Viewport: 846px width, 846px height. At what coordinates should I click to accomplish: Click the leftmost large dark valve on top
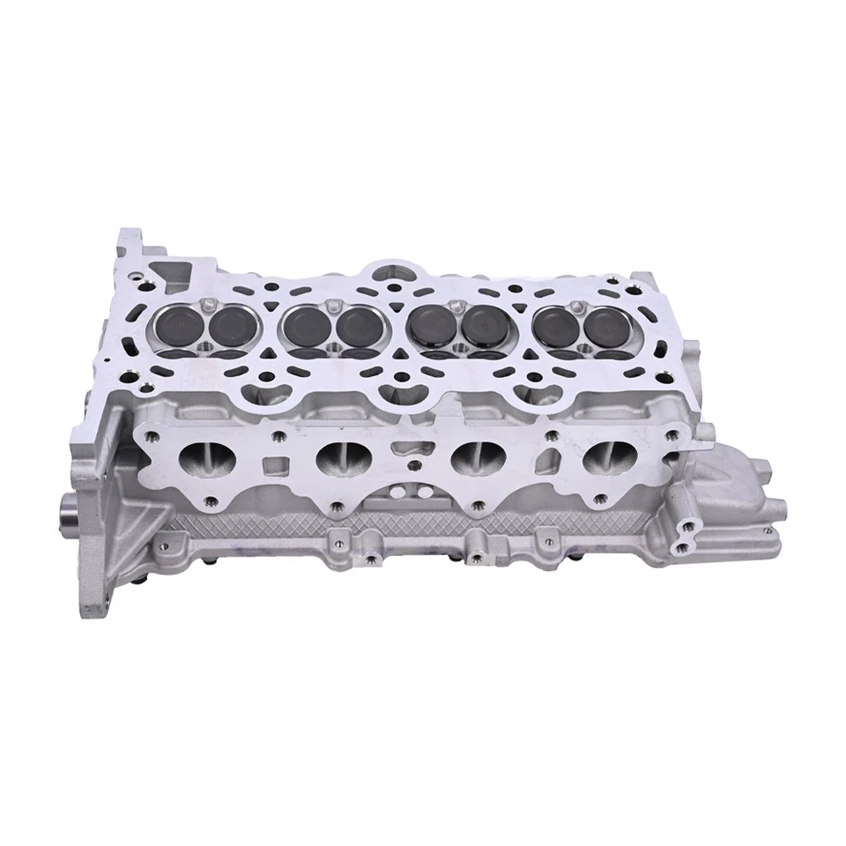click(x=174, y=326)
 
